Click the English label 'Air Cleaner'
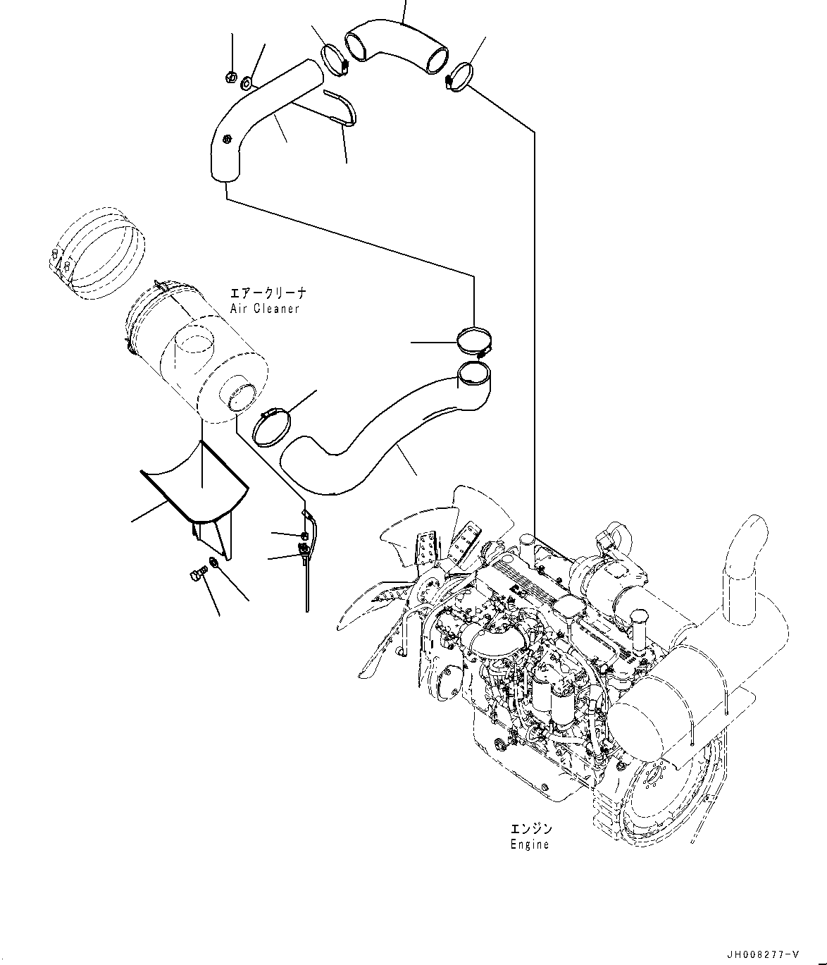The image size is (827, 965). click(x=264, y=309)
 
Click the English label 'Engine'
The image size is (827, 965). click(x=529, y=844)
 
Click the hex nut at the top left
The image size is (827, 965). click(x=230, y=76)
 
